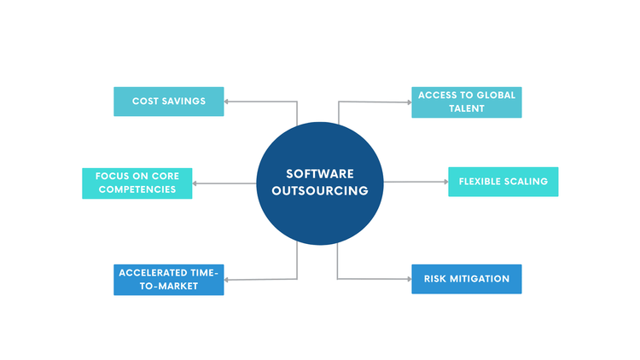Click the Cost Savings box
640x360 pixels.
pos(168,102)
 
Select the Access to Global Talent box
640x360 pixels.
pos(466,102)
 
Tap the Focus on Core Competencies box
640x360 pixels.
pos(137,183)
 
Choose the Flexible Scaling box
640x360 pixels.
pos(503,182)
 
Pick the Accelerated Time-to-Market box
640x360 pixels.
pos(168,280)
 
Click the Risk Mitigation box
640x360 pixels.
pos(466,279)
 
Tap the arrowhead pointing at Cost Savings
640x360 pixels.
pos(228,101)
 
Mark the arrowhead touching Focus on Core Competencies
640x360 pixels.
pos(196,183)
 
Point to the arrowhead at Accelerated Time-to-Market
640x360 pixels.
pos(228,280)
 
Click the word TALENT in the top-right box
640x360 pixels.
pos(466,109)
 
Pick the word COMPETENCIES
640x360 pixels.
pos(137,189)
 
